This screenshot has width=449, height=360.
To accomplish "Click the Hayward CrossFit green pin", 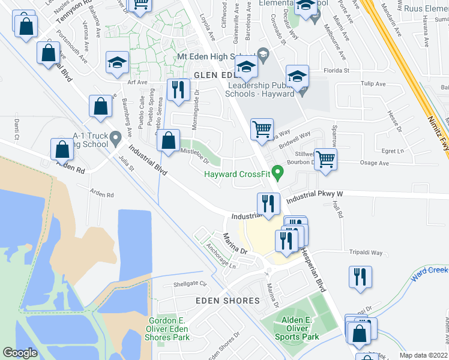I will tap(277, 173).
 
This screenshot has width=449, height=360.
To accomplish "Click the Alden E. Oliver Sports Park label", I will tap(297, 328).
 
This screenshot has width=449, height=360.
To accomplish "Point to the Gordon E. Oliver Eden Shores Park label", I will tap(167, 329).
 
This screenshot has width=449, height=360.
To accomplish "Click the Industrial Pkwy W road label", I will tap(313, 197).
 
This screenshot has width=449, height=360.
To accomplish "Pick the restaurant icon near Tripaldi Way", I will tap(360, 277).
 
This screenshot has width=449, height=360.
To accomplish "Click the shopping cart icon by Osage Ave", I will tap(325, 160).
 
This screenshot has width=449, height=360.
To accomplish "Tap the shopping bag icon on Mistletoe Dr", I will tap(169, 141).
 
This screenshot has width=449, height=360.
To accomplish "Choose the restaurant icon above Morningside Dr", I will tap(177, 90).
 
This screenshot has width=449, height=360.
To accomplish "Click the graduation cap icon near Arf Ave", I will tap(117, 62).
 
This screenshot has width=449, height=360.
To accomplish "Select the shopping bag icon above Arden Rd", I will tap(62, 149).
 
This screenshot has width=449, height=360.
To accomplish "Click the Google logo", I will tap(20, 353).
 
